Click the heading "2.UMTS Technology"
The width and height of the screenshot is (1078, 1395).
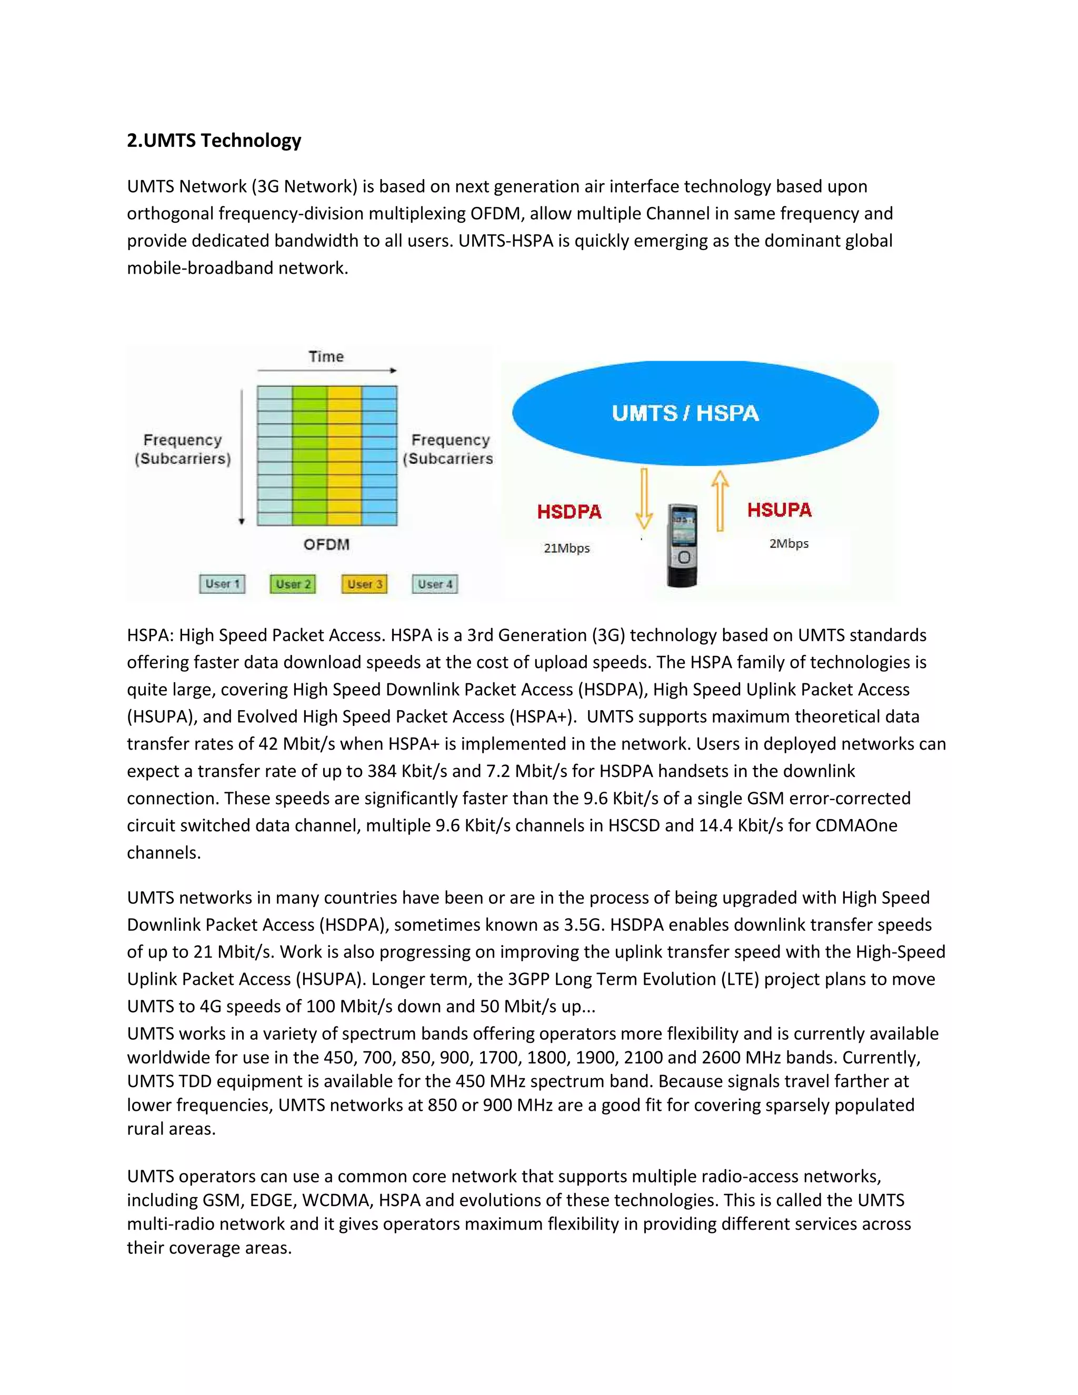point(214,141)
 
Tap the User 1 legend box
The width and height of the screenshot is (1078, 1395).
point(222,584)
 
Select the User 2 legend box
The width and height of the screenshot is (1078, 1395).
point(293,584)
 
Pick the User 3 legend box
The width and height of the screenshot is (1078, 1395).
point(365,584)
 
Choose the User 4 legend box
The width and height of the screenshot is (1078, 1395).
point(435,584)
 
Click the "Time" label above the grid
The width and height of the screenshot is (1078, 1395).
point(326,356)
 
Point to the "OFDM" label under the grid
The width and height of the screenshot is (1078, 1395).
point(326,544)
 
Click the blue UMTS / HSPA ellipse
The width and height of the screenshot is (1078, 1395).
point(695,413)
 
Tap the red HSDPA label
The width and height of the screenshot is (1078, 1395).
point(569,512)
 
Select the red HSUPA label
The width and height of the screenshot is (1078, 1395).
point(779,510)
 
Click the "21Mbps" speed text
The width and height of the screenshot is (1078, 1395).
point(566,548)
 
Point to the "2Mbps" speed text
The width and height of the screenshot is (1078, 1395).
point(788,544)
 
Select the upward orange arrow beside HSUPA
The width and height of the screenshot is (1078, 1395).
point(720,501)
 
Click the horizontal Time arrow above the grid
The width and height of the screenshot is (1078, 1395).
point(326,371)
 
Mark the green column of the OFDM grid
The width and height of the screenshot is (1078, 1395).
point(310,455)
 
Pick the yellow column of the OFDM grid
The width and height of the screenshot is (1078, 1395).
point(345,455)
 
